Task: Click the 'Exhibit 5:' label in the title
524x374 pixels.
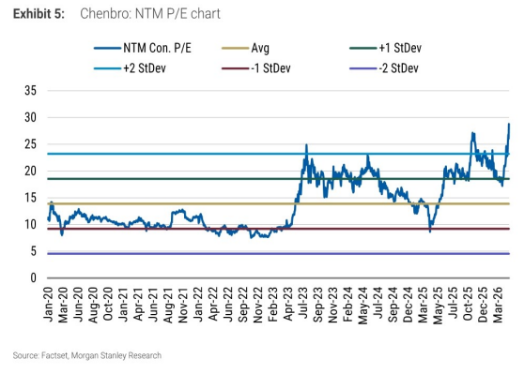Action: pos(39,14)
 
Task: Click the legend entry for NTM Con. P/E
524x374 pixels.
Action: pos(143,48)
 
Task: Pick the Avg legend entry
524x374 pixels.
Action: pos(245,48)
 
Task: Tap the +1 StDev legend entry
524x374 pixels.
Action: pos(385,48)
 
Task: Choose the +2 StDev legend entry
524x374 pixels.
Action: pos(130,68)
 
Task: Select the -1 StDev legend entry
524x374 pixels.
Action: pos(256,68)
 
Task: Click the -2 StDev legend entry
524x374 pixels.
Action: pos(384,68)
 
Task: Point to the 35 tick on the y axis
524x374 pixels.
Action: pos(30,90)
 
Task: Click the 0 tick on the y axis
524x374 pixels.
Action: pos(33,277)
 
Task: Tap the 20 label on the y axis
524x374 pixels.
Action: pos(30,171)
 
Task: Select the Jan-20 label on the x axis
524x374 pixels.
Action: pos(48,305)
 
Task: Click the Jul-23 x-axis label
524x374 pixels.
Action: pos(303,305)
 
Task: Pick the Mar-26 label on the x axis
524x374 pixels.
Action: pos(498,305)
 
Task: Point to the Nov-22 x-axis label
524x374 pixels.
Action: pos(258,305)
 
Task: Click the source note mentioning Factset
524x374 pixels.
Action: pos(87,355)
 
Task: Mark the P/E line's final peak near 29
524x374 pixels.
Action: pos(509,124)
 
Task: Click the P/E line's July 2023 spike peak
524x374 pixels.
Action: pos(306,144)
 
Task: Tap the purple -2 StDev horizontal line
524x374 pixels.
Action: pos(278,254)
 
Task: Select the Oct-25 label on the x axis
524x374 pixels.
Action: pos(468,305)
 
